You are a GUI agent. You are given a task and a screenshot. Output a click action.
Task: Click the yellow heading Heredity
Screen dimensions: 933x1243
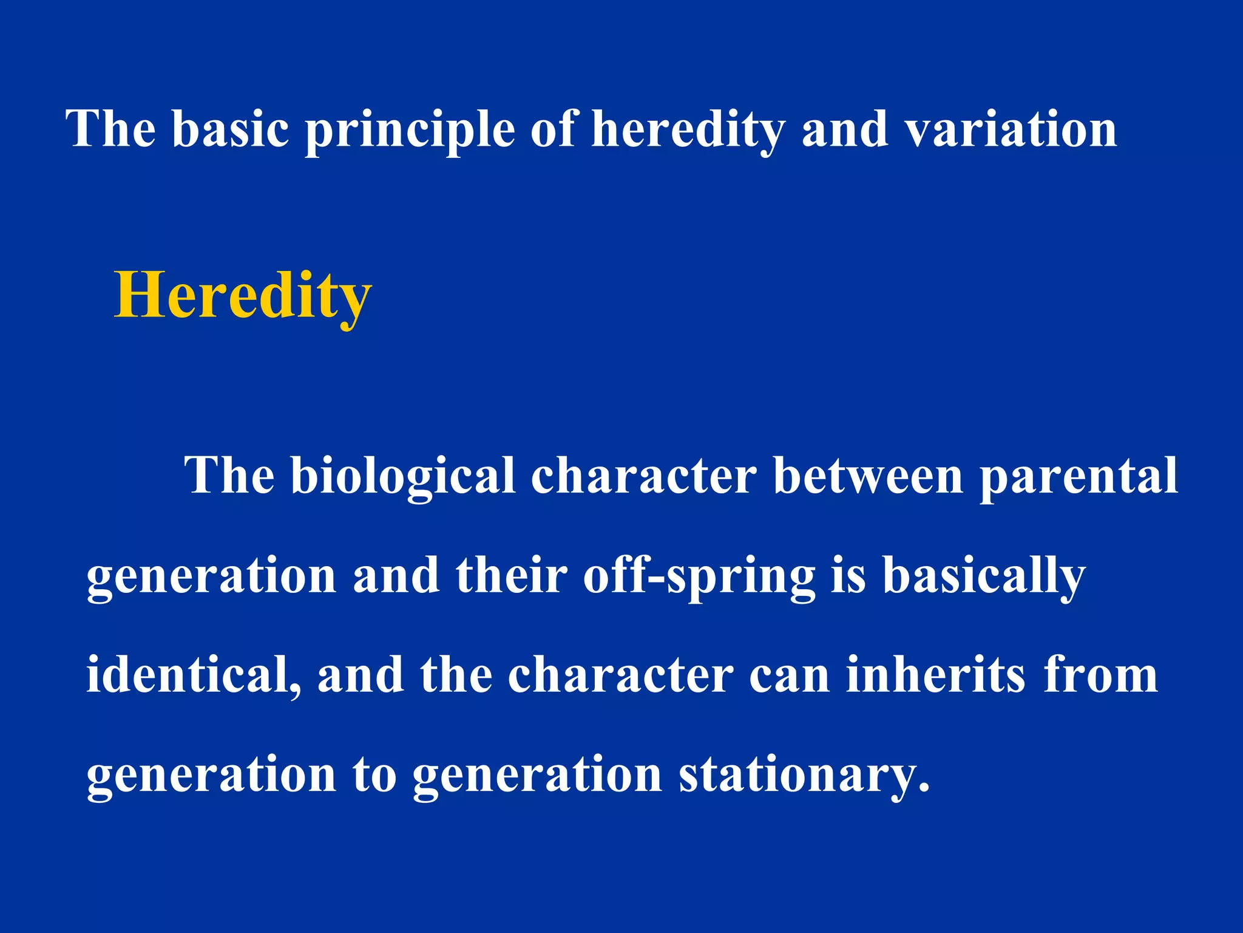(243, 296)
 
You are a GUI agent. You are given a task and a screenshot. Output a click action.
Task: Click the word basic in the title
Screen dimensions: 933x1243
(230, 129)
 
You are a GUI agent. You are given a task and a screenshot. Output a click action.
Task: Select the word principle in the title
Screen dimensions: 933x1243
(410, 130)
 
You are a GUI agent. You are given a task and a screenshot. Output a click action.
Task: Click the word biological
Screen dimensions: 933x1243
(403, 476)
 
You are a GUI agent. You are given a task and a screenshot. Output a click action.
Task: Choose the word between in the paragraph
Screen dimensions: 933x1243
(868, 476)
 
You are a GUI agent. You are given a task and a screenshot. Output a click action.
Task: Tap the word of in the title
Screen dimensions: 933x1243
(553, 129)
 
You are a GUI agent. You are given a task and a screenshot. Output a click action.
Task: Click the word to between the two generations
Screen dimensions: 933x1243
(374, 775)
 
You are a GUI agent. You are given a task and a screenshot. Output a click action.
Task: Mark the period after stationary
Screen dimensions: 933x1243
(923, 789)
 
